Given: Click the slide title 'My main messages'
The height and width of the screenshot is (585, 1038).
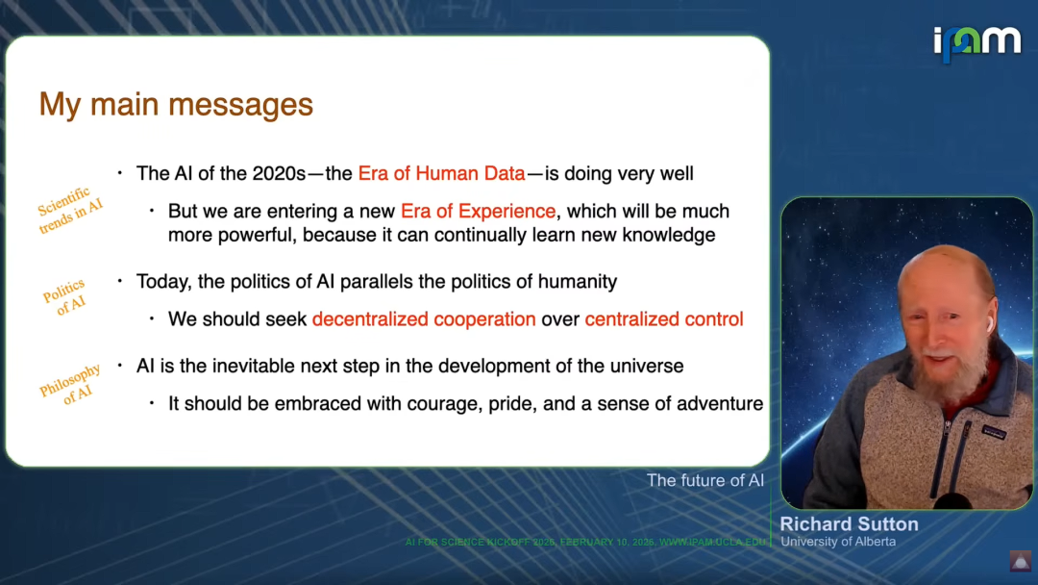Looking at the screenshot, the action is coord(176,105).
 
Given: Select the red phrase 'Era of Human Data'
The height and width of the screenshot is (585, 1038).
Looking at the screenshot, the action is coord(441,173).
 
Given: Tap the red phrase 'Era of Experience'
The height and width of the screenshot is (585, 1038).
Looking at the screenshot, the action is coord(478,212).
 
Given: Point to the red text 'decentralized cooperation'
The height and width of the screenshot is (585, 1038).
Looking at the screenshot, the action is coord(424,319).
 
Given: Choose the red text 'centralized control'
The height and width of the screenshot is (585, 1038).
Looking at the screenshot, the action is coord(664,319).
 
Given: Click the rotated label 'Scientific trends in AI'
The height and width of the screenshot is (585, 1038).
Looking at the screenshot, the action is coord(70,211).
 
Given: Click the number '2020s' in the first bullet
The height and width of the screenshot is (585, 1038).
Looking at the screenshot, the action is coord(279,173).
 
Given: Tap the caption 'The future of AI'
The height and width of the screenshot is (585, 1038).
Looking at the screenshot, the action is coord(705,480).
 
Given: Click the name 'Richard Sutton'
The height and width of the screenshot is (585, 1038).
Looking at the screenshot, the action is coord(850,524).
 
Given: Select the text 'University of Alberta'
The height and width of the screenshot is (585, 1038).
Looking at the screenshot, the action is coord(838,542).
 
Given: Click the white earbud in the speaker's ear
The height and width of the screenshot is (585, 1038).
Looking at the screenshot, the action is coord(990,323).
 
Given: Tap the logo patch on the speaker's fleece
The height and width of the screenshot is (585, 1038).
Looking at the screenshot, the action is coord(994,433).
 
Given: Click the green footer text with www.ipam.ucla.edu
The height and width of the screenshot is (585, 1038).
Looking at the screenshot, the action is coord(585,542).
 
